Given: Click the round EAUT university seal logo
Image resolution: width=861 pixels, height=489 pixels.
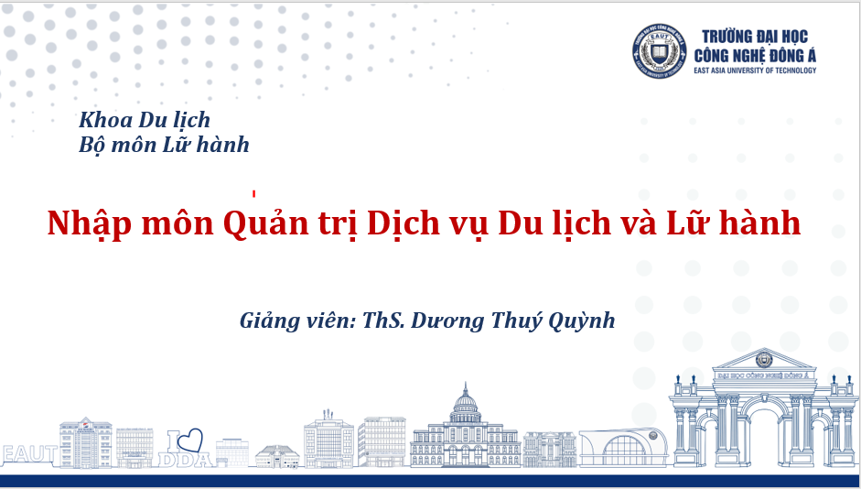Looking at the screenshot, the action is [659, 51].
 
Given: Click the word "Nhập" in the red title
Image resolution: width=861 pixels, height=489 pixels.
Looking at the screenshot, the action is [90, 224].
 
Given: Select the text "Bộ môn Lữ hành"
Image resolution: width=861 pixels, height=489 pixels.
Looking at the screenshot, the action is [164, 145].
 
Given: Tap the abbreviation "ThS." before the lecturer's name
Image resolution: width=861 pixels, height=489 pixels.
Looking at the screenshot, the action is [383, 321].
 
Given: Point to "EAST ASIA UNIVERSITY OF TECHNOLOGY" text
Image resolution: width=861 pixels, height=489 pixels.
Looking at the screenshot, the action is [755, 71].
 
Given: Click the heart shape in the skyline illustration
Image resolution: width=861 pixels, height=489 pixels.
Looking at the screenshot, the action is [189, 440].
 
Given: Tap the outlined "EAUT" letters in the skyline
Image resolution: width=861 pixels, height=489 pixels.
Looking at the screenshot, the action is [29, 454].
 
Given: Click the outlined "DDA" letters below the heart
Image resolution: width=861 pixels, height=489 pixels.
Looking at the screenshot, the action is [186, 460].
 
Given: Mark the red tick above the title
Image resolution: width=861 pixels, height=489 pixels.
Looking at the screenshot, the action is [254, 193].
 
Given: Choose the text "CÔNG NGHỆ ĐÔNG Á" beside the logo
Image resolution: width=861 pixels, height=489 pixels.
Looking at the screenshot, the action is [755, 56].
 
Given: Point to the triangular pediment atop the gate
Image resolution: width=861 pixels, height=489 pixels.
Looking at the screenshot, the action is [763, 359].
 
